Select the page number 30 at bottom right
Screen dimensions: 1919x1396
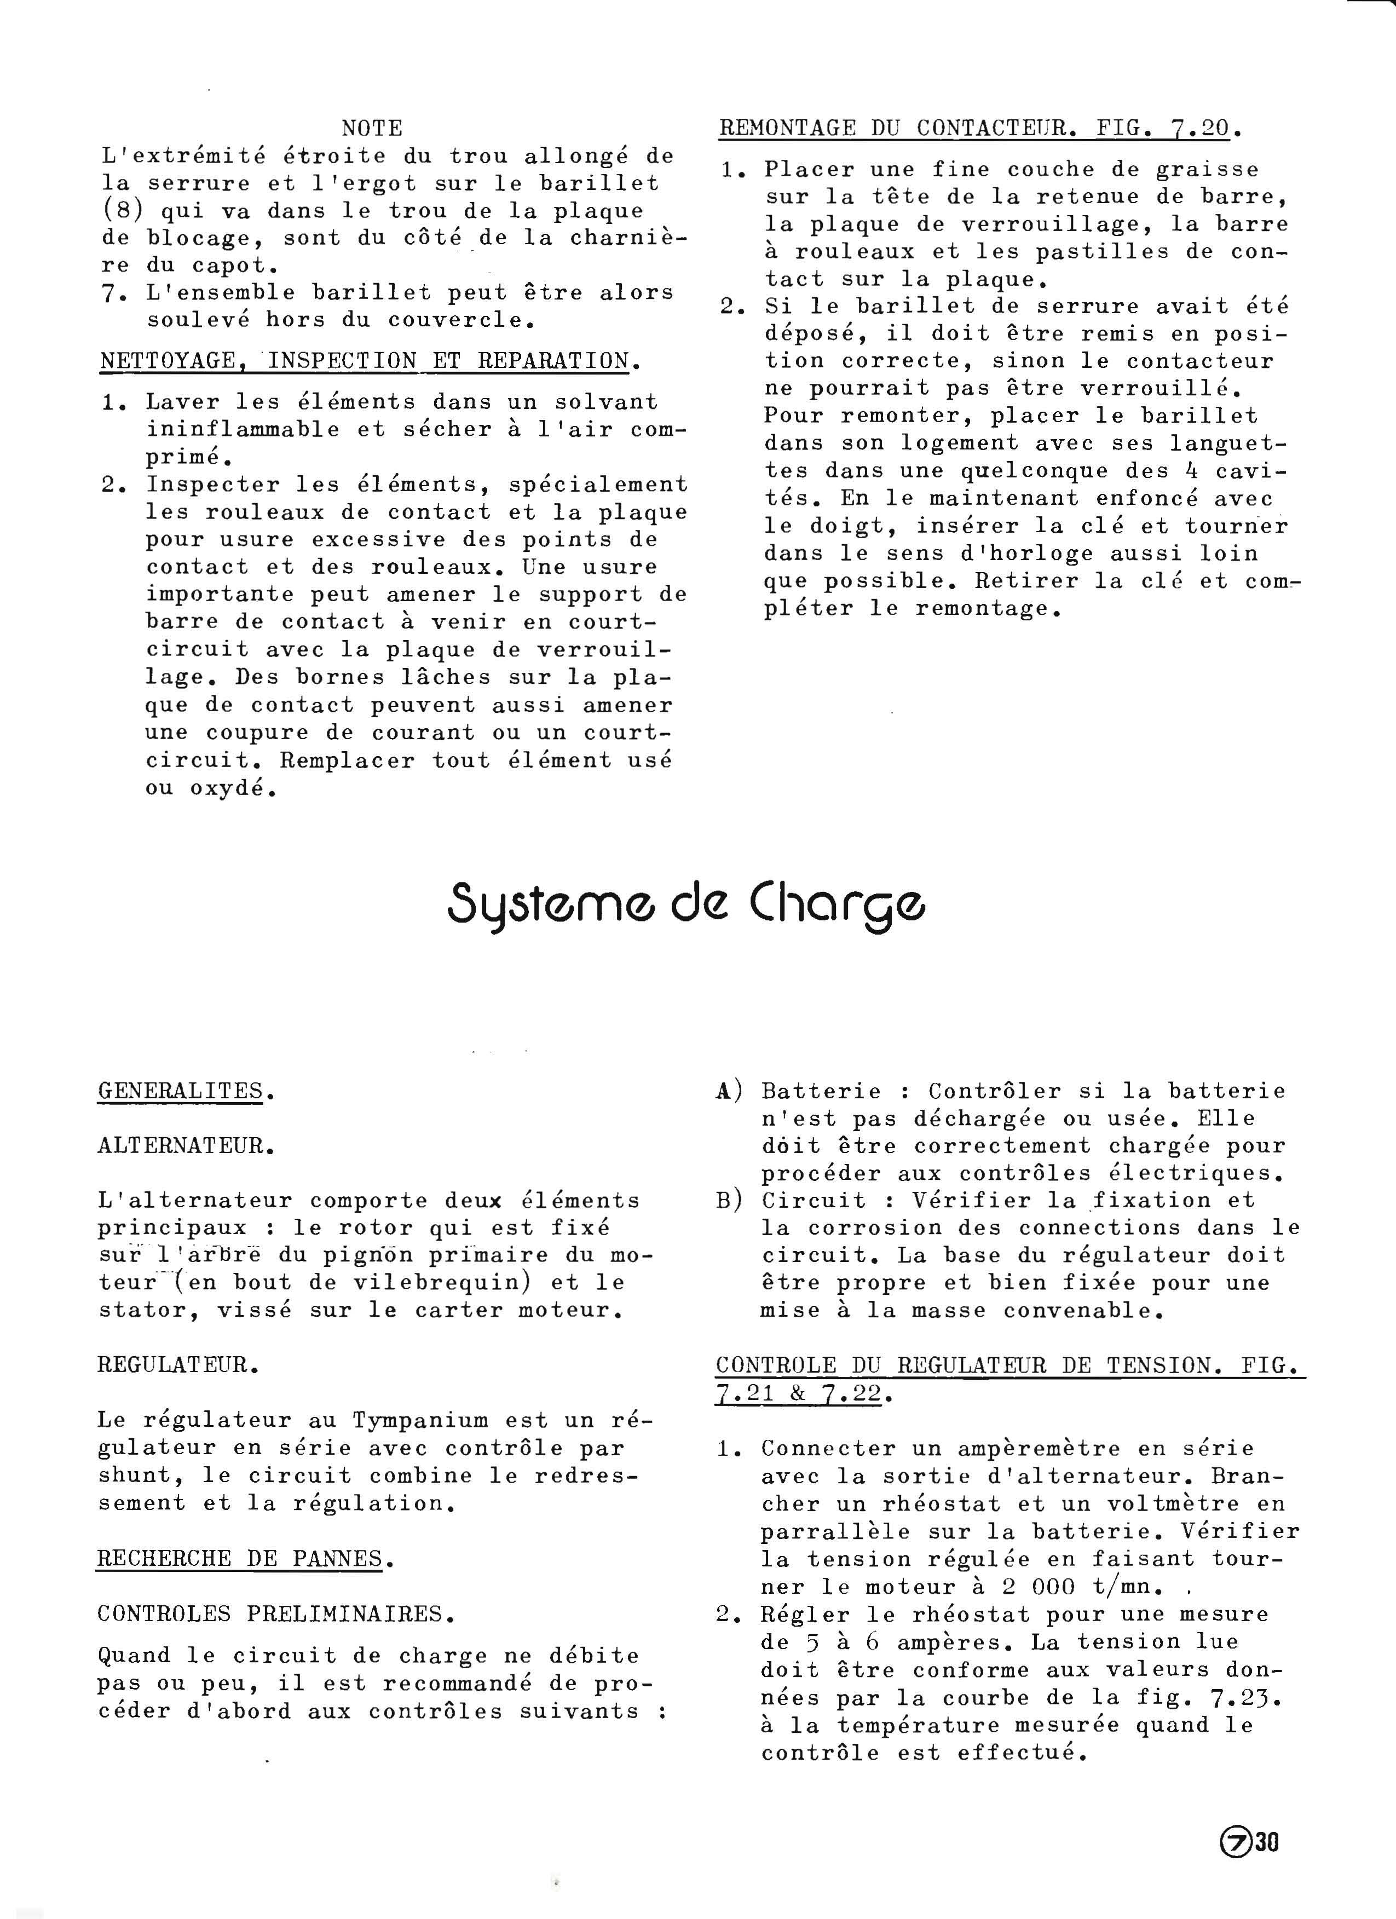click(1267, 1842)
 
